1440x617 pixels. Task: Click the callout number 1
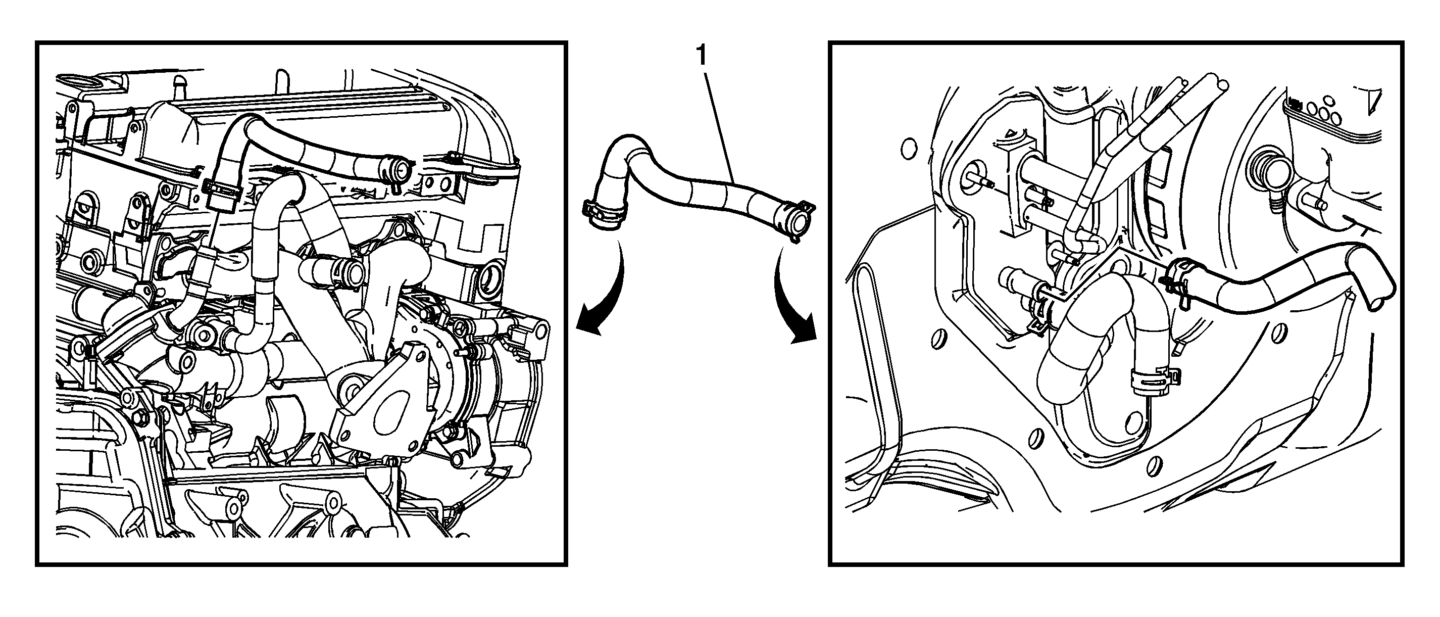point(701,57)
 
